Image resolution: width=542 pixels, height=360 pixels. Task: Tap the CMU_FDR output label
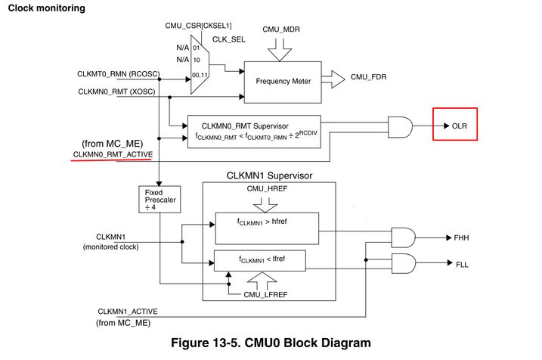(x=370, y=77)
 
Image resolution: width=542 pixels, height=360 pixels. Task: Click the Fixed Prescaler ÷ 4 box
(x=158, y=200)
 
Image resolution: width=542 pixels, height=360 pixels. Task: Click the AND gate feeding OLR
(x=400, y=126)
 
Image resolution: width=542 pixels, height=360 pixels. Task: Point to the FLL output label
(x=463, y=265)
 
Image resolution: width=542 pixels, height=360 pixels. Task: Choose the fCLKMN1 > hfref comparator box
(x=267, y=224)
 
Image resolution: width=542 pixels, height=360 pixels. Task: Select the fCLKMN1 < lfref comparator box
(x=259, y=261)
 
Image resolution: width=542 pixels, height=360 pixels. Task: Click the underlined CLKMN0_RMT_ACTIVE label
(x=113, y=154)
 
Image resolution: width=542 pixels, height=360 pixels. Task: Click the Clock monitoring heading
(x=46, y=8)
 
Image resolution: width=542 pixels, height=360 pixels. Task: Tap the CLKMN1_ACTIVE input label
(x=129, y=311)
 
